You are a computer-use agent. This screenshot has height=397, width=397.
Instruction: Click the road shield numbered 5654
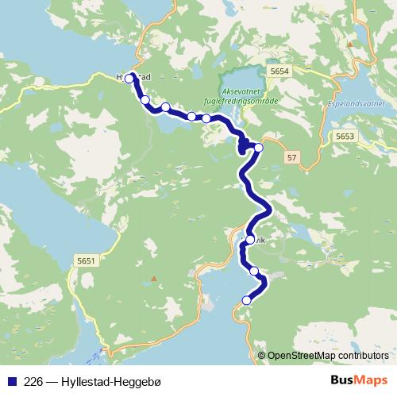[279, 71]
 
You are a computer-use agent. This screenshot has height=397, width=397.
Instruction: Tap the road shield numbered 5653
[345, 137]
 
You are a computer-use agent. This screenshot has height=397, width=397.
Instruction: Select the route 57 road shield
[292, 159]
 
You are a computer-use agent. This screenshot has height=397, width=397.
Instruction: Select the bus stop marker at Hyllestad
[129, 79]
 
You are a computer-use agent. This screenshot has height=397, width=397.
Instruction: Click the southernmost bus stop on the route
[246, 300]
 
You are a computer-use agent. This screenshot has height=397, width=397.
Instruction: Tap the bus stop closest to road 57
[258, 147]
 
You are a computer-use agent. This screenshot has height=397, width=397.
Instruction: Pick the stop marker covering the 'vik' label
[250, 240]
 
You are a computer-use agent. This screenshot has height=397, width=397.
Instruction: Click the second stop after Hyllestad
[165, 106]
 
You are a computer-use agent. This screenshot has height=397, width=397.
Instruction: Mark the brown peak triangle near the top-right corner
[350, 46]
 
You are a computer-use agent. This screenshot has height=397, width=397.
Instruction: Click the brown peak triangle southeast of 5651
[154, 278]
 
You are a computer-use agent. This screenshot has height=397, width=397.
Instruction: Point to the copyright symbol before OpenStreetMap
[261, 356]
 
